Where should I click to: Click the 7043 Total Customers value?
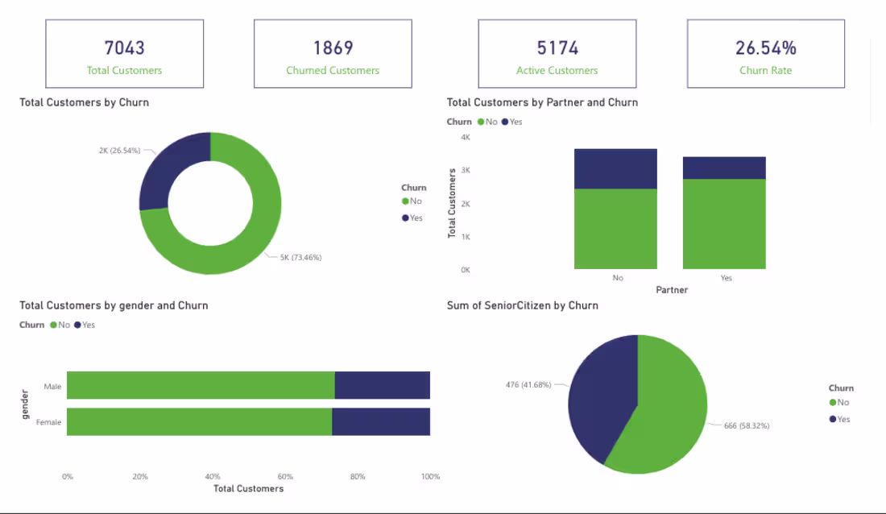point(124,48)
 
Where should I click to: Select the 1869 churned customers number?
point(333,48)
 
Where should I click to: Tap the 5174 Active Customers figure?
point(557,48)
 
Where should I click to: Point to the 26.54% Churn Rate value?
point(765,48)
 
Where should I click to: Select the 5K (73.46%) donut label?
point(300,257)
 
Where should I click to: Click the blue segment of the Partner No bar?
point(615,168)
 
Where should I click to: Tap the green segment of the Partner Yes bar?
point(724,223)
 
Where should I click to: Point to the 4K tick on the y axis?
point(466,137)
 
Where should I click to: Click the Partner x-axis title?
point(672,290)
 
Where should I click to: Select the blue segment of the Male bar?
point(382,385)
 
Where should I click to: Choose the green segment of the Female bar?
point(199,421)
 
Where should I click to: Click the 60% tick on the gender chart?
point(285,476)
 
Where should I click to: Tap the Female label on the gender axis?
point(48,422)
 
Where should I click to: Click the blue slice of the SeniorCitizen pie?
point(600,395)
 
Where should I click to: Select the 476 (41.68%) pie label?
point(528,384)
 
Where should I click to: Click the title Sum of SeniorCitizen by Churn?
point(522,305)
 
